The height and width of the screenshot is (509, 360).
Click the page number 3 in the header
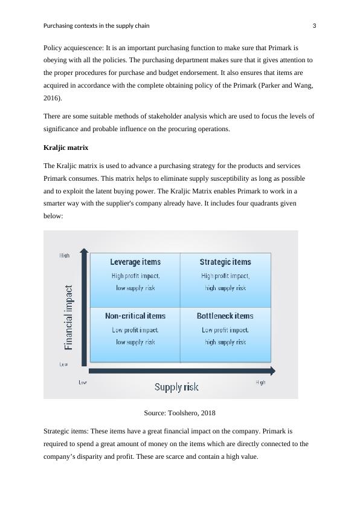[x=314, y=26]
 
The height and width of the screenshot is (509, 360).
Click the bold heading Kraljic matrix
[x=67, y=148]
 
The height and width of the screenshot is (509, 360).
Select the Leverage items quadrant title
[x=135, y=262]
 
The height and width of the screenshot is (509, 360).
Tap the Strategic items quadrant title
[x=225, y=262]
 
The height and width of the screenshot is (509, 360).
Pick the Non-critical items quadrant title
[x=135, y=316]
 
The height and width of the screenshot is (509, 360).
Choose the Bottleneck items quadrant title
[x=225, y=316]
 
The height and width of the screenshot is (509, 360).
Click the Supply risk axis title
[x=176, y=387]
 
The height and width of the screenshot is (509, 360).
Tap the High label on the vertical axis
[x=64, y=256]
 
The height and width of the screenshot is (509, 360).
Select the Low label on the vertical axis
[x=63, y=365]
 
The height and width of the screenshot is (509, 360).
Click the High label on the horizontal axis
[x=260, y=382]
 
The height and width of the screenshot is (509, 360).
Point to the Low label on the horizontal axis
[x=83, y=382]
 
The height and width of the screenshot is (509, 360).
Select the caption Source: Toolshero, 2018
[x=180, y=413]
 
